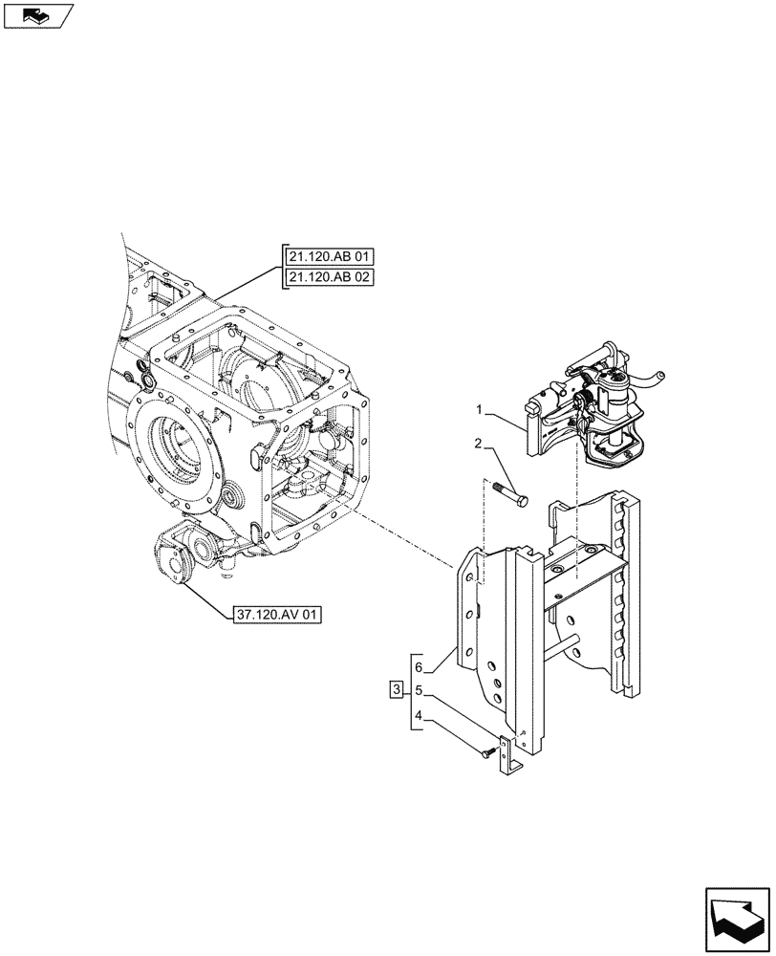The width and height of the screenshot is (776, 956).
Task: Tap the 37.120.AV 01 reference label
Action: coord(276,614)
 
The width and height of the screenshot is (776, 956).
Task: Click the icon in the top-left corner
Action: coord(36,14)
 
